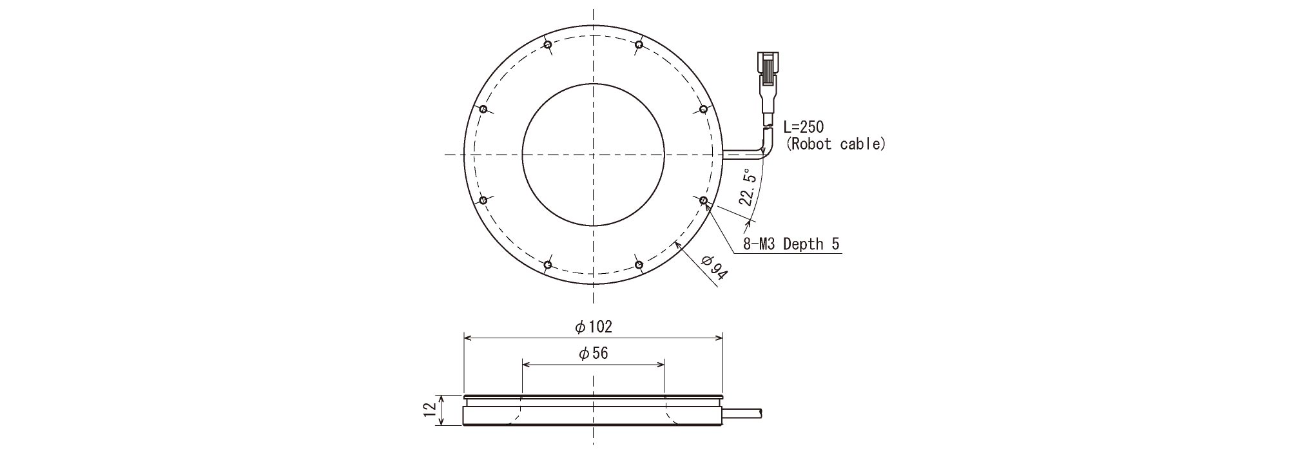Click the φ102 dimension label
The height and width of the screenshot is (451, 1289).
593,327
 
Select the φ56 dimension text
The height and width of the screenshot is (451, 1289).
593,353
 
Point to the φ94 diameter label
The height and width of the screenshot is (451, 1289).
713,267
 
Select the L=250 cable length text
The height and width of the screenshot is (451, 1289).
804,127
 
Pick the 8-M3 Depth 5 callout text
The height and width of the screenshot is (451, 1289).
791,244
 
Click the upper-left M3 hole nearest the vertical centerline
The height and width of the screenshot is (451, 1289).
547,44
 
